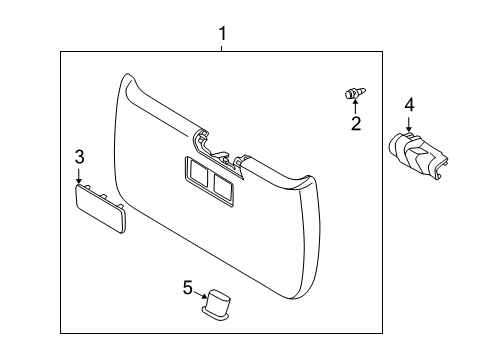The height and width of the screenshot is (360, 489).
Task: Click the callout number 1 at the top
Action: click(222, 35)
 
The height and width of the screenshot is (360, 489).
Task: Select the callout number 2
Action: click(354, 124)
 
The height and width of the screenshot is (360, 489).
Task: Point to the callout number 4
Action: click(408, 104)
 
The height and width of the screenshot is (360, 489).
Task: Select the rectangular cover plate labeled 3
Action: click(100, 209)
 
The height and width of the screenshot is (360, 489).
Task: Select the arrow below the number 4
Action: click(408, 123)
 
